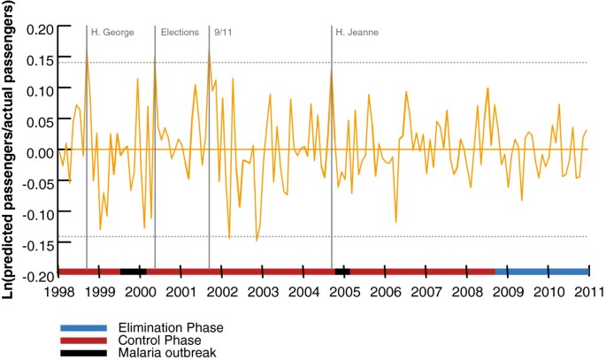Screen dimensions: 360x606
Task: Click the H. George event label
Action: (x=112, y=33)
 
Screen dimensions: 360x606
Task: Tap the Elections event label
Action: (x=180, y=33)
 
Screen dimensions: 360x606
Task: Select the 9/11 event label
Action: (x=224, y=33)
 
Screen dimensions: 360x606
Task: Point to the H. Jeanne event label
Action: (x=357, y=33)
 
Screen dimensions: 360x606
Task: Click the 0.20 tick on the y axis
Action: (x=40, y=28)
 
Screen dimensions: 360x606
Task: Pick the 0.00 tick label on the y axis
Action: (x=40, y=152)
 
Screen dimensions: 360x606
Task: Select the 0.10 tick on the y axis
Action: (x=40, y=90)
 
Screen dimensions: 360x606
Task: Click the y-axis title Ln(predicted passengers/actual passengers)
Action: (x=12, y=150)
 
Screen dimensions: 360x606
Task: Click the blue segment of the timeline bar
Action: (x=541, y=272)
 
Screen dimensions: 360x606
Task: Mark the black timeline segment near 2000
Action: (x=132, y=272)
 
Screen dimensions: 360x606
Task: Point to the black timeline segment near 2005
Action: (x=342, y=272)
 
